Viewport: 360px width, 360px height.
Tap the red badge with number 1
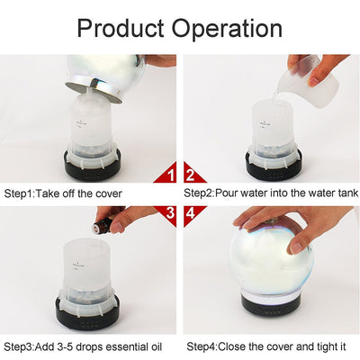[x=166, y=173]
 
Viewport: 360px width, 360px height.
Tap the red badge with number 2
[x=193, y=173]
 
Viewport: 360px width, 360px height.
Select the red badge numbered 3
[x=166, y=214]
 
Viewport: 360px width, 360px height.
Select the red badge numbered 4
[x=193, y=214]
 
